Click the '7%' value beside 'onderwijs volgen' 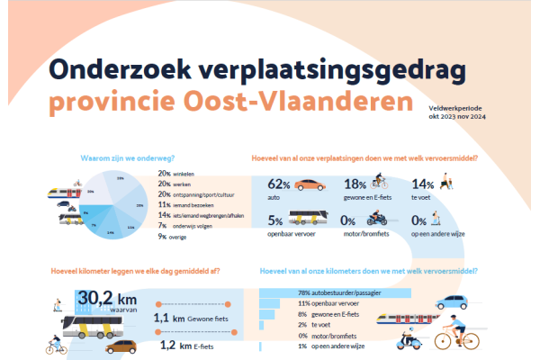coord(163,226)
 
